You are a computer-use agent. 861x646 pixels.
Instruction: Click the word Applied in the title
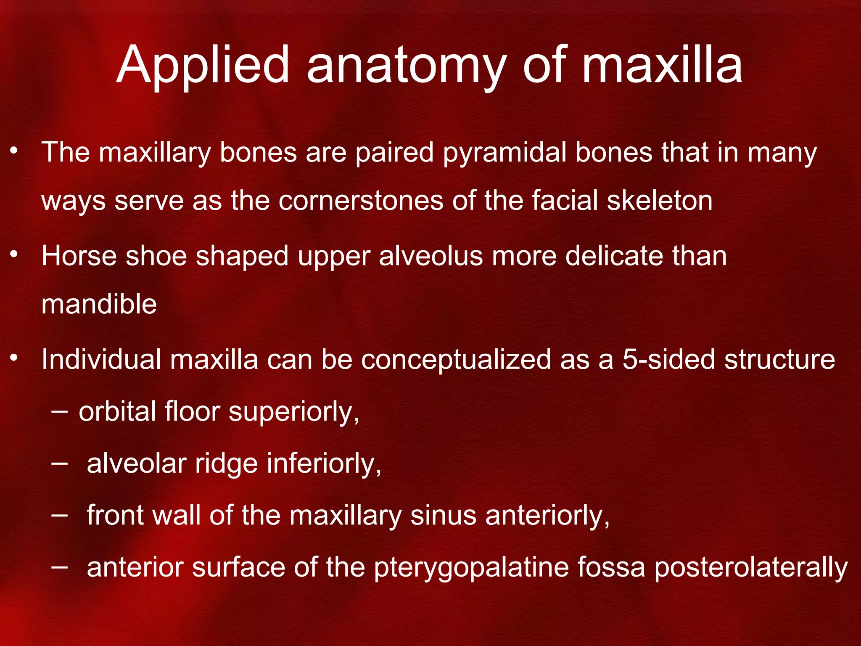click(203, 65)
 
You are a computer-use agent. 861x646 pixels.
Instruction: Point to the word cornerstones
click(361, 200)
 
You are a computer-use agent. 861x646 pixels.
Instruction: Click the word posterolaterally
click(751, 568)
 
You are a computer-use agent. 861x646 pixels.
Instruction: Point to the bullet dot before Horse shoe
click(14, 254)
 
